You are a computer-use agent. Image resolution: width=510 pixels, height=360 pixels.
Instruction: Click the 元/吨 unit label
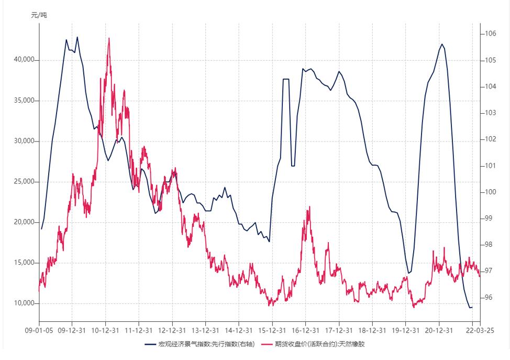39,15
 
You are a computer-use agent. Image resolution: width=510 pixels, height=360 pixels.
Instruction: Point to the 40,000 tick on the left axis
24,60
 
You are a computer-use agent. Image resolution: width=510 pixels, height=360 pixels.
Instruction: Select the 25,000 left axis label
24,182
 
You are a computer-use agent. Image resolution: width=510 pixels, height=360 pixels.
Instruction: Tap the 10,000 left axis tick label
24,303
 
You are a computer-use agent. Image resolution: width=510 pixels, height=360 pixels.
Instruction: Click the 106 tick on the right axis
490,34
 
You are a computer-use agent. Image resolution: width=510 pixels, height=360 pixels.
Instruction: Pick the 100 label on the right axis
490,192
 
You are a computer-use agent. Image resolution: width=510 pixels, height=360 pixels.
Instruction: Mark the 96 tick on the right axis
489,297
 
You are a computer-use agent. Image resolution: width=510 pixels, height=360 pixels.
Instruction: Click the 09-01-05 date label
39,331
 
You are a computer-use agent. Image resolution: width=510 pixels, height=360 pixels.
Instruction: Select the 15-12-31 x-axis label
272,331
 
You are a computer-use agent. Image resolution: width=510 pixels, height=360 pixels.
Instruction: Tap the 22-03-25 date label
473,331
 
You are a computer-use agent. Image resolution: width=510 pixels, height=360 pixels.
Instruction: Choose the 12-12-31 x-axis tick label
172,331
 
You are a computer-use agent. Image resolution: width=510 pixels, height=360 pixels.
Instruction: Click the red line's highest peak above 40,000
109,38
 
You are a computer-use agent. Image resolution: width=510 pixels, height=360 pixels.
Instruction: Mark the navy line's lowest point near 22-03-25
470,307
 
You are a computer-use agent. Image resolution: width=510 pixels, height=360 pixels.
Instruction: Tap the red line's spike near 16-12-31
309,207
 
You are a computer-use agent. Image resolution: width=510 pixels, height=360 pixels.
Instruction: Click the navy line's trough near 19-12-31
409,273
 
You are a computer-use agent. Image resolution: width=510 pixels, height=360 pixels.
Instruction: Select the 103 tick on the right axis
490,113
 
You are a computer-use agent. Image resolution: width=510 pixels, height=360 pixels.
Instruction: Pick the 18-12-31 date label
372,331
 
